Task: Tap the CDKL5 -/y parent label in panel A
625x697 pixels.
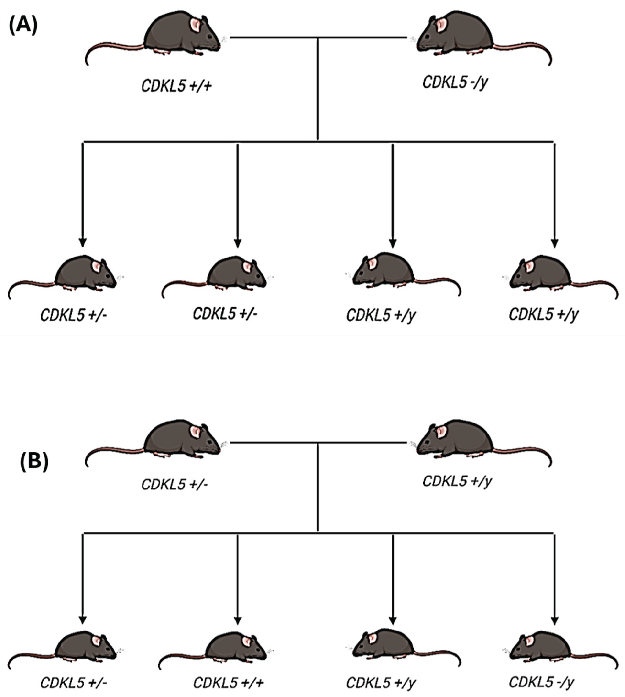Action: coord(455,82)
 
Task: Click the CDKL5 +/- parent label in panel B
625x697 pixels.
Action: coord(175,484)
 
